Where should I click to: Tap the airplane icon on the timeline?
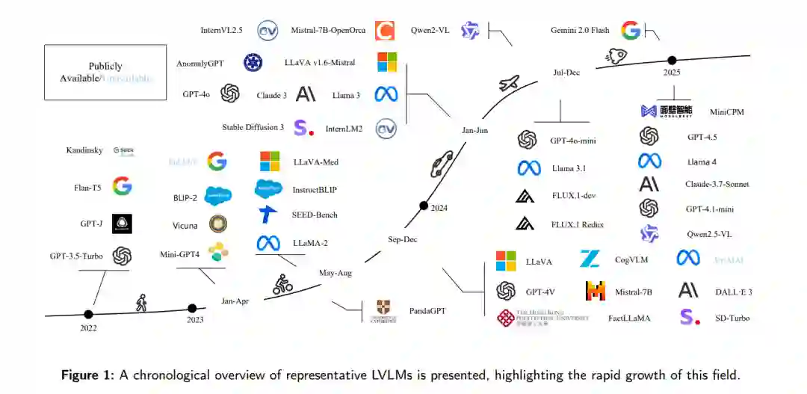(510, 83)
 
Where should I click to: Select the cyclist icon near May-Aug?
(282, 283)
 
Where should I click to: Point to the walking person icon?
(140, 303)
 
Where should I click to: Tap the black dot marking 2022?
(89, 314)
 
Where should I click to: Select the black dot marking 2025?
(672, 60)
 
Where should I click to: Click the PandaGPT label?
(427, 310)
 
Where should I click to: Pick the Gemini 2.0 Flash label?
(580, 31)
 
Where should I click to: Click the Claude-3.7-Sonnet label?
(717, 184)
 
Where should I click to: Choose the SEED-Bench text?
(315, 215)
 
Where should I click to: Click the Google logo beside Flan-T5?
(122, 186)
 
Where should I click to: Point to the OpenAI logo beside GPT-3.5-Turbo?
(122, 256)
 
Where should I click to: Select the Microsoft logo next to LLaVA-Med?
(269, 161)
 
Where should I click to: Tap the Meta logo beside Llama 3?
(386, 95)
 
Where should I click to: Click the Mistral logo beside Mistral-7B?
(596, 292)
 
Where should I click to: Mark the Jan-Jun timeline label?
(474, 131)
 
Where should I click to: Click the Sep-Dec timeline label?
(402, 239)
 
